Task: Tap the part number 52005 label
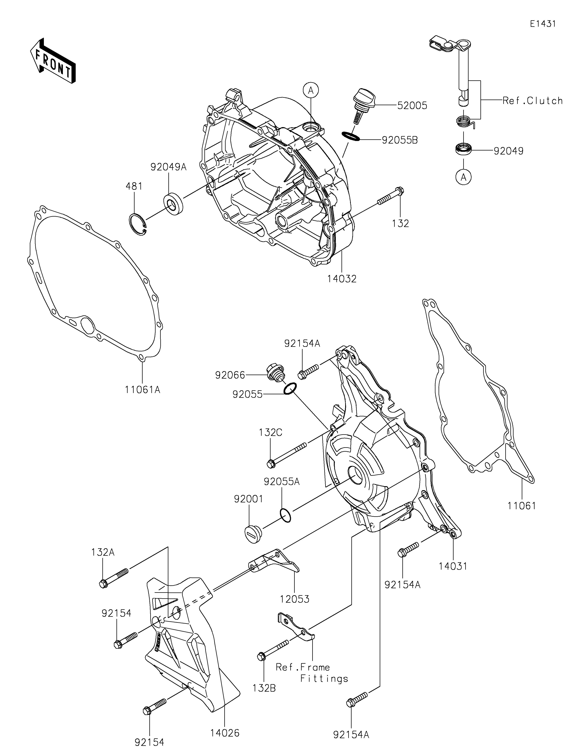[x=412, y=105]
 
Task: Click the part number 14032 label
[x=342, y=279]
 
